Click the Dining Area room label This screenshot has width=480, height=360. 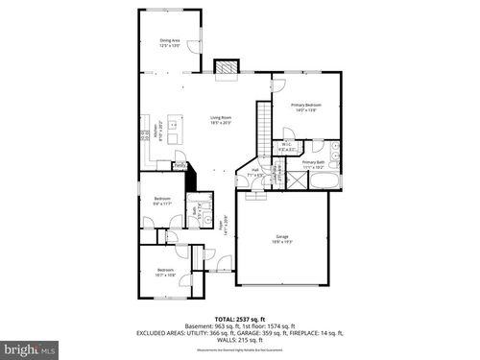(x=169, y=42)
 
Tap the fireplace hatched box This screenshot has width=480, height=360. (x=226, y=67)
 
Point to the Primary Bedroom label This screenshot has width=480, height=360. (x=306, y=107)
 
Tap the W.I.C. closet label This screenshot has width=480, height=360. (x=286, y=147)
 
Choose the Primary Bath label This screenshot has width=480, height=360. (x=314, y=164)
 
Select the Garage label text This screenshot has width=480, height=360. (x=282, y=237)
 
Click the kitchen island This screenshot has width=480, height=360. (x=173, y=122)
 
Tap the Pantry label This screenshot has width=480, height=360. (x=180, y=165)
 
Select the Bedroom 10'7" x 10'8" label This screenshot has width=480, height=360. (x=165, y=272)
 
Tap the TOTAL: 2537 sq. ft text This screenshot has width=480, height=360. (x=239, y=318)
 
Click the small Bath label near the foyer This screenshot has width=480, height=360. (x=194, y=210)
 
